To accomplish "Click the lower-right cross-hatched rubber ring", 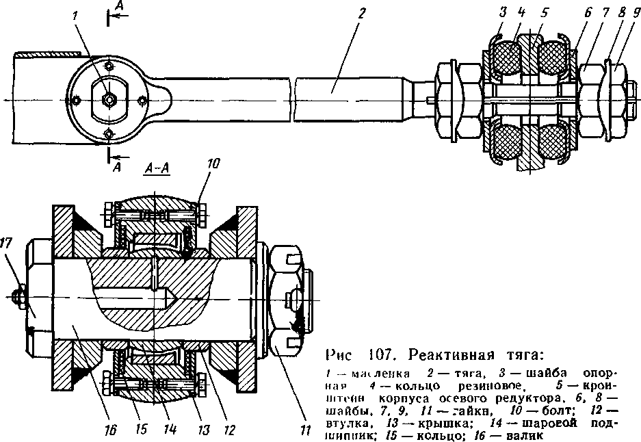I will pyautogui.click(x=555, y=143).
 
